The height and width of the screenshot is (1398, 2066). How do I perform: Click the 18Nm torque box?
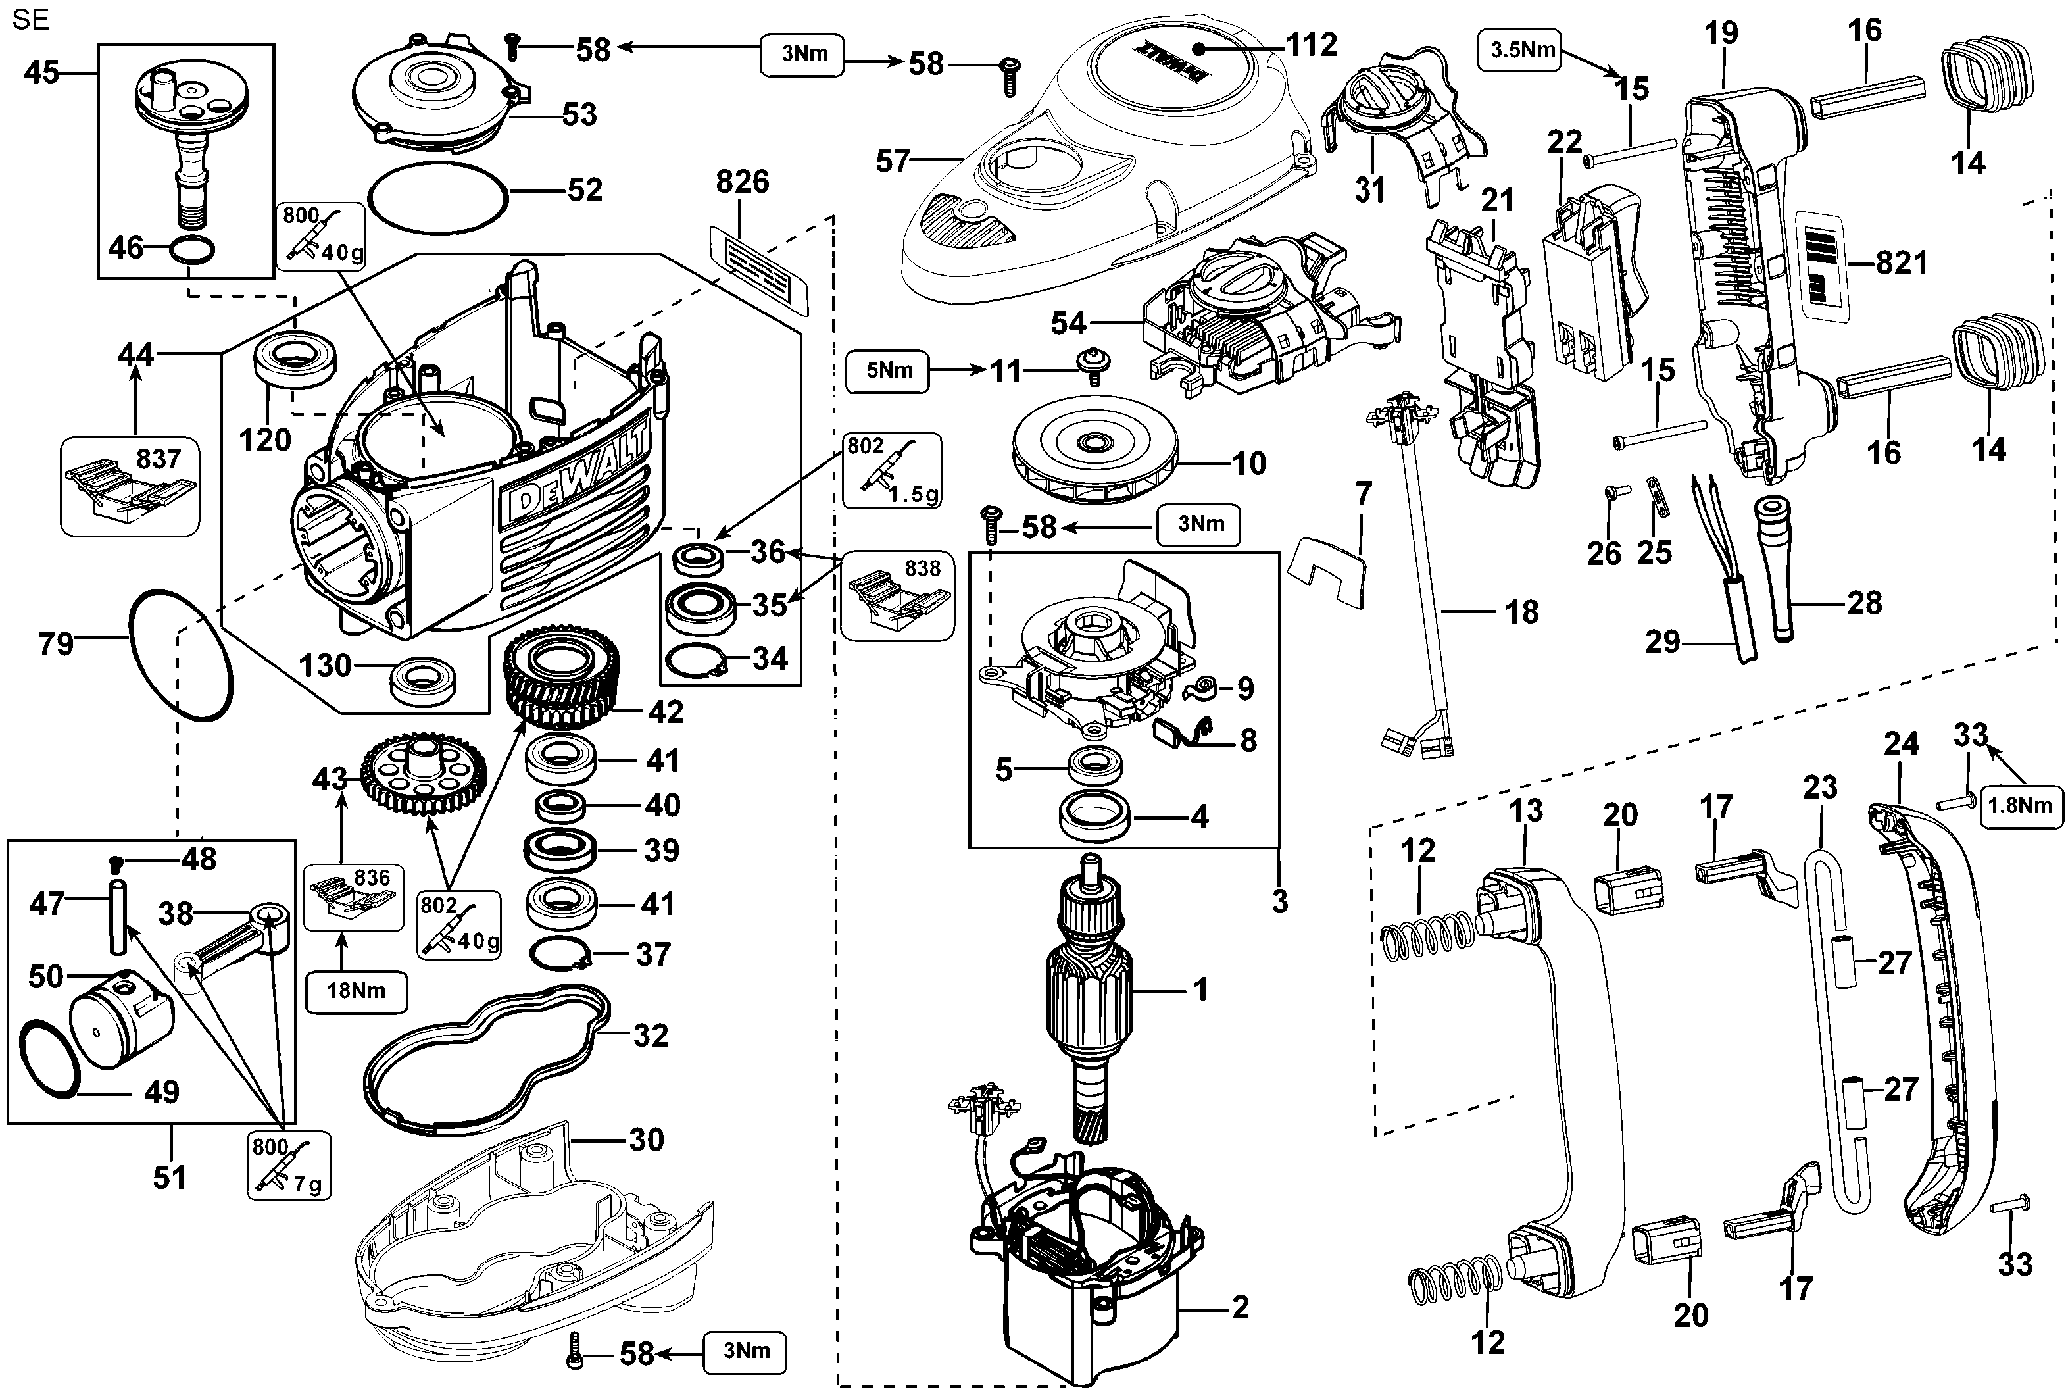(356, 991)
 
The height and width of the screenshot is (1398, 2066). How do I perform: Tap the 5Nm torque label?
(887, 371)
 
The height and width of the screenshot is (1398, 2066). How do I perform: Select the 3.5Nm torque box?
(1522, 50)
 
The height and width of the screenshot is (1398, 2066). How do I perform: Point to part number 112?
(1312, 45)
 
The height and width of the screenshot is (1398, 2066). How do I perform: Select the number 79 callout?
(55, 643)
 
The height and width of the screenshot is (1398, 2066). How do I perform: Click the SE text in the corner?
(31, 20)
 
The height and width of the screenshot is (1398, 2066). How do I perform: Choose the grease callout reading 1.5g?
(891, 470)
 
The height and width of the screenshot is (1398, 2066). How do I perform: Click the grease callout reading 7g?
(288, 1165)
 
